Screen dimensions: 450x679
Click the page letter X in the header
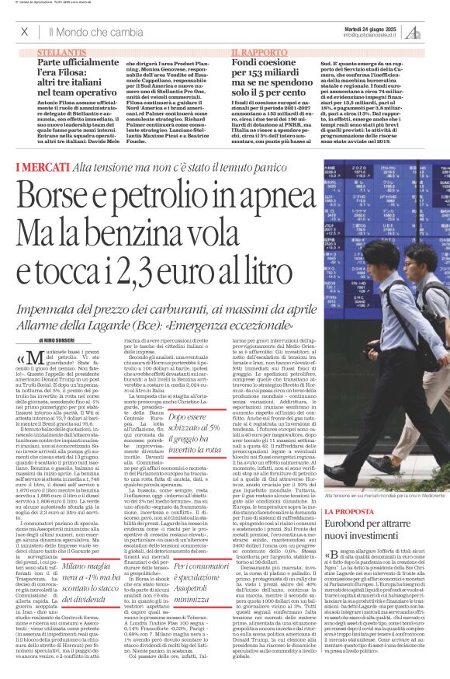pos(24,32)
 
